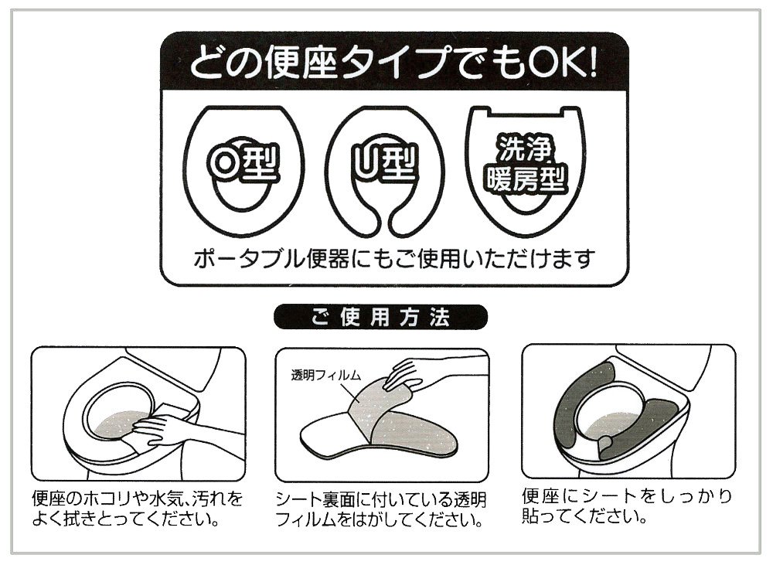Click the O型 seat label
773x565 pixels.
(243, 164)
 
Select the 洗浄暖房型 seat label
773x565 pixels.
(526, 164)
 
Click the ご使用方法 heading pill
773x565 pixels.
(380, 317)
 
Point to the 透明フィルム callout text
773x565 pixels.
(326, 376)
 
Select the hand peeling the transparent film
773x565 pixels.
(404, 375)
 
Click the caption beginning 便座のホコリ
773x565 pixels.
(138, 509)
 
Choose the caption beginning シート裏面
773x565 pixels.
(380, 510)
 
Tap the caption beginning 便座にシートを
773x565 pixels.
(627, 505)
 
